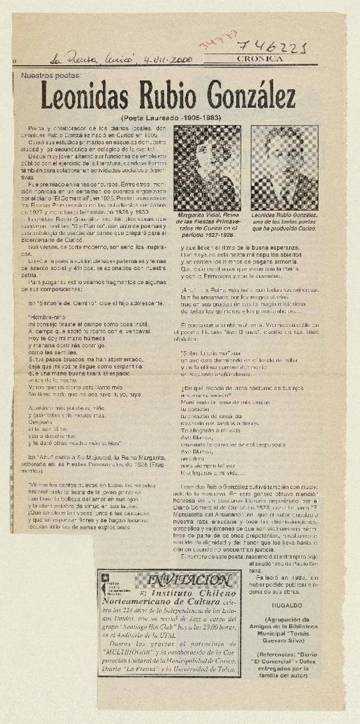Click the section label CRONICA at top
click(260, 59)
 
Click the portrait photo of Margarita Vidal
click(207, 168)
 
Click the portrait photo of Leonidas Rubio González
click(284, 168)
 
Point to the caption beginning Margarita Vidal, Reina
click(207, 225)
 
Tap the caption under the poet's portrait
click(284, 222)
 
